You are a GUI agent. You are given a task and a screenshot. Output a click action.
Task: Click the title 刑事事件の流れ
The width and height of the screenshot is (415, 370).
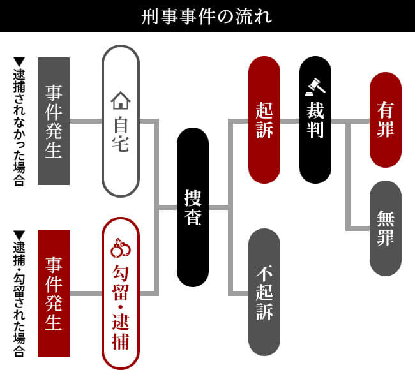[x=207, y=16]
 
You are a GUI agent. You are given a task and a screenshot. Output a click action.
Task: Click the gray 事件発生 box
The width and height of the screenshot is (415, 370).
[x=54, y=121]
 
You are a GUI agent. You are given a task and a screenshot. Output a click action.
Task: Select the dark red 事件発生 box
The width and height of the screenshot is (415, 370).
[x=54, y=293]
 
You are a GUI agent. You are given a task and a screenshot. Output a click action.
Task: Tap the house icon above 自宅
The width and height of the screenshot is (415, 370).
[x=120, y=101]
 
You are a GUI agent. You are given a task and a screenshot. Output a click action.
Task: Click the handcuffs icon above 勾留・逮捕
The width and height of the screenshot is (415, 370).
[x=120, y=245]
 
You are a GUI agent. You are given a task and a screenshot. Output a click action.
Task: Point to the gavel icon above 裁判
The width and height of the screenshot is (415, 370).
[x=315, y=84]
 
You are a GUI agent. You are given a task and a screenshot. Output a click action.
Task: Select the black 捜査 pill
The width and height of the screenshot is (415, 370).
[x=193, y=207]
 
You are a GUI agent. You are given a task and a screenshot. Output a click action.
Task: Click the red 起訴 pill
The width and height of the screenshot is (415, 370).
[x=264, y=120]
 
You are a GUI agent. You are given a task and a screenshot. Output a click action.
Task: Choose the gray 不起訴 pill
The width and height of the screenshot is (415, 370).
[x=264, y=292]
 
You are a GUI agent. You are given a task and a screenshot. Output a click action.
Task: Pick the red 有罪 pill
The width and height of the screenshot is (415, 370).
[x=386, y=120]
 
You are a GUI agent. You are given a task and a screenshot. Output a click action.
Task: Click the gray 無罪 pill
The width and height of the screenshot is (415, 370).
[x=386, y=228]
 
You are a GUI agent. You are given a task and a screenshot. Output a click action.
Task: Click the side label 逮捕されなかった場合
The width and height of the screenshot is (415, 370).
[x=19, y=128]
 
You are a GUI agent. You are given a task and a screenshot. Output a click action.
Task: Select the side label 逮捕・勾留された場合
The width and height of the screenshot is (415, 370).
[x=19, y=300]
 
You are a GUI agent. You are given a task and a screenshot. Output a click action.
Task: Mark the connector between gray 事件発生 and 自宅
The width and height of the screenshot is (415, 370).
[x=86, y=121]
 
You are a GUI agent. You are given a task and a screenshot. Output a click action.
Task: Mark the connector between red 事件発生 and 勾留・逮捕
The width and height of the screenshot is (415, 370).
[x=86, y=293]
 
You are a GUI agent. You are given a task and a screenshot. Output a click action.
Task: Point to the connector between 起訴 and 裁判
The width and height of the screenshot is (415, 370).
[x=289, y=120]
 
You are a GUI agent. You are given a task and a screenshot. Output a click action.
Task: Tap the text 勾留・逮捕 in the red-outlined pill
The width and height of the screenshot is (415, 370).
[x=120, y=306]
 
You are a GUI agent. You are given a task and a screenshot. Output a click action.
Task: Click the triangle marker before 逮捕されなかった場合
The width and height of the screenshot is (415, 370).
[x=19, y=62]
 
